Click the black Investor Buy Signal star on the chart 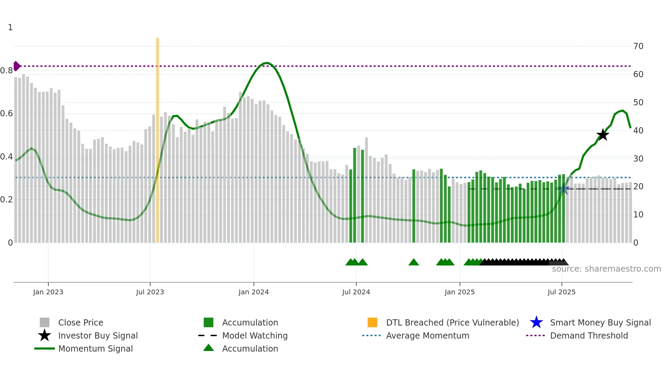point(602,135)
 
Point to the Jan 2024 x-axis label point(253,292)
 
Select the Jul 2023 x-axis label point(150,292)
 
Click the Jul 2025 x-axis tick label point(561,292)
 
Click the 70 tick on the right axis point(638,46)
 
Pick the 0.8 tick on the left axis point(7,71)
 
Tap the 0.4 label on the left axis point(7,157)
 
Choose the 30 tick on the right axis point(638,158)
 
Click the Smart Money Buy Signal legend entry point(600,322)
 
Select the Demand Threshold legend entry point(589,335)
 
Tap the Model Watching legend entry point(254,335)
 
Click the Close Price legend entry point(80,322)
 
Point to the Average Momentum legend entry point(427,335)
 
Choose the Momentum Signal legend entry point(95,349)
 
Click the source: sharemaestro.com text point(606,269)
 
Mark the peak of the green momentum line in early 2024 point(267,63)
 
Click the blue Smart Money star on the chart point(563,189)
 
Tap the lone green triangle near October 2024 point(413,262)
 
